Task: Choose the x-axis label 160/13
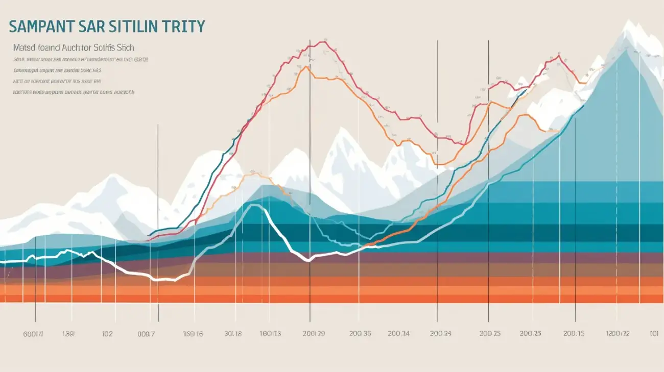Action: (270, 334)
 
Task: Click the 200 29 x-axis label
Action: (313, 334)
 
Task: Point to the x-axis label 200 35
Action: (360, 334)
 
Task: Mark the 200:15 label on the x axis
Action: (573, 334)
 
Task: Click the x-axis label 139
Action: (68, 334)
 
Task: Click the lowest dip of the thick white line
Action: (163, 280)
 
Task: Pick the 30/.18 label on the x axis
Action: (232, 334)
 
